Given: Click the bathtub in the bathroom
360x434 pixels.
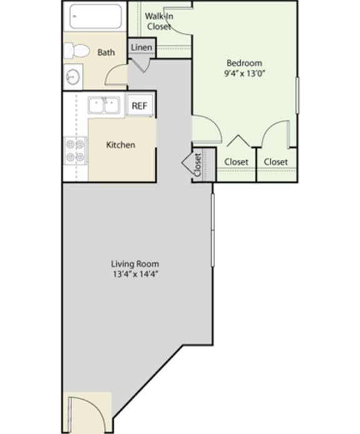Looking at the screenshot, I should click(95, 16).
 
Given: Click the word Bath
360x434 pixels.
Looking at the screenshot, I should click(106, 52).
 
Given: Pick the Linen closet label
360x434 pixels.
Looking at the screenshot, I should click(140, 47).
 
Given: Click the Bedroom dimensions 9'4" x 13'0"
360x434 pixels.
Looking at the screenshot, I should click(244, 74).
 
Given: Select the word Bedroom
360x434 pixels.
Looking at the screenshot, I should click(244, 63).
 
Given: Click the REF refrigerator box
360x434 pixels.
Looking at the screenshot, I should click(139, 106).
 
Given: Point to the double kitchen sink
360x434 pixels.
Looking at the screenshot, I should click(104, 106).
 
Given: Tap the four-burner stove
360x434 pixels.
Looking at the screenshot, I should click(75, 150).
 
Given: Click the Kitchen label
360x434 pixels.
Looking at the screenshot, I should click(120, 145).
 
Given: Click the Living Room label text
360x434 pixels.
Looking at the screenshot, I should click(135, 263).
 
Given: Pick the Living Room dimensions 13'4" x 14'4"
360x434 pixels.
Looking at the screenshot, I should click(135, 274).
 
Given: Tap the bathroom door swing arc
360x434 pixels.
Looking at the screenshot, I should click(117, 74).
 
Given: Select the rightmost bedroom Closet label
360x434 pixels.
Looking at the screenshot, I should click(276, 162).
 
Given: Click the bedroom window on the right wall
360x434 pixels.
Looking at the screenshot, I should click(297, 96).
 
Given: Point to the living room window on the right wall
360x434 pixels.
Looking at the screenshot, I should click(213, 231).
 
